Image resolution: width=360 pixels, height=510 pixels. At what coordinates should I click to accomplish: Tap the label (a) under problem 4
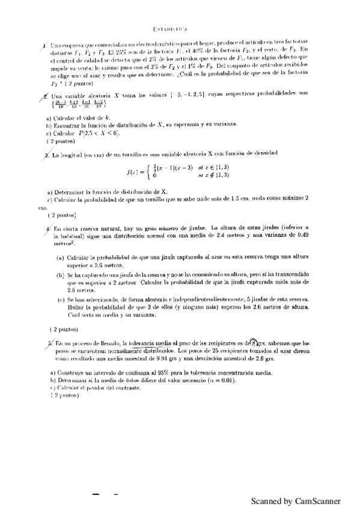click(60, 258)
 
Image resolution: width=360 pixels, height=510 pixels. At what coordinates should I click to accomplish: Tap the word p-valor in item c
click(89, 387)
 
